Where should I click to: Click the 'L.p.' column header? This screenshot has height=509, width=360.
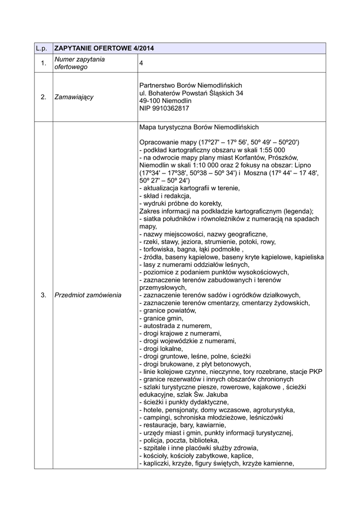click(43, 49)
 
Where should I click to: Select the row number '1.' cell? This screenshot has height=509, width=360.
click(43, 63)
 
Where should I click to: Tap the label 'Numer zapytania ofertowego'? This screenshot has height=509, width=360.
click(79, 63)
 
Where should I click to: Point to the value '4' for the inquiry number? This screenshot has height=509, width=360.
click(142, 63)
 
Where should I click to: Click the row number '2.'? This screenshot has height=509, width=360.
click(43, 96)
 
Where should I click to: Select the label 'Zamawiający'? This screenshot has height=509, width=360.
click(74, 96)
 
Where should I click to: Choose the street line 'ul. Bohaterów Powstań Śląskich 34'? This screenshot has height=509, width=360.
click(191, 92)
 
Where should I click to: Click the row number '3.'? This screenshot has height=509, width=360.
click(43, 295)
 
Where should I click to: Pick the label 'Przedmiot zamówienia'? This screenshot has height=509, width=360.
click(88, 295)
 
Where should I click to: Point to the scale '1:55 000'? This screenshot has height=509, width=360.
click(271, 150)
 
